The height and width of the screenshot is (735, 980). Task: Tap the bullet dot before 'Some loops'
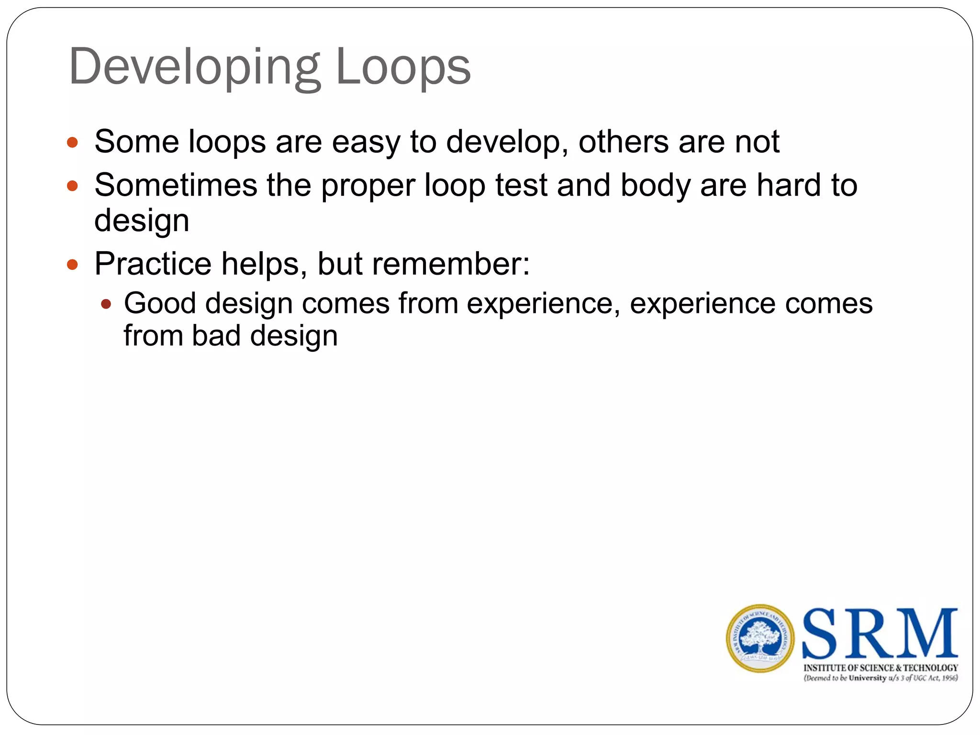pyautogui.click(x=72, y=142)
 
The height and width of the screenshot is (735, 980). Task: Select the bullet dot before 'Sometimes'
pyautogui.click(x=72, y=186)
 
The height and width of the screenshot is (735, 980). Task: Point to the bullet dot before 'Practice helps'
pyautogui.click(x=72, y=264)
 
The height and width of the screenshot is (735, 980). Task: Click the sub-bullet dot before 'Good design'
pyautogui.click(x=106, y=304)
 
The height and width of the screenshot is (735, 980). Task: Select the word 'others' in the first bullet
pyautogui.click(x=624, y=142)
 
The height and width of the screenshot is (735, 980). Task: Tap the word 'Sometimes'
pyautogui.click(x=176, y=186)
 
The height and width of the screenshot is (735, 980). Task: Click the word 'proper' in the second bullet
pyautogui.click(x=367, y=187)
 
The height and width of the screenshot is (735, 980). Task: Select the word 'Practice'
pyautogui.click(x=153, y=264)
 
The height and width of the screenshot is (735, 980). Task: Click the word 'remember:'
pyautogui.click(x=451, y=264)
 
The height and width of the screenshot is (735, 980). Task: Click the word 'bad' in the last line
pyautogui.click(x=216, y=336)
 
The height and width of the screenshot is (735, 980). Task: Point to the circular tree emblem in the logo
pyautogui.click(x=760, y=638)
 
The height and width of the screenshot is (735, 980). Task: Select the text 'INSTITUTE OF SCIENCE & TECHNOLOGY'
pyautogui.click(x=880, y=668)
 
